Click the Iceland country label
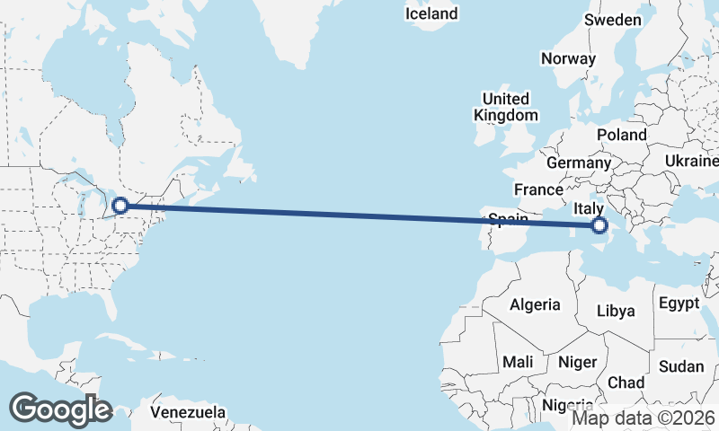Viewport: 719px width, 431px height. point(431,13)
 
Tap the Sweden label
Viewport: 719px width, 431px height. point(613,20)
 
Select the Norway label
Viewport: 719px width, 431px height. point(568,58)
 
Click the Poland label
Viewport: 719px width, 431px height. point(621,135)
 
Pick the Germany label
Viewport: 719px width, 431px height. point(578,163)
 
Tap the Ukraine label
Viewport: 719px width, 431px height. point(692,161)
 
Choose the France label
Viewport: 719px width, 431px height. point(538,189)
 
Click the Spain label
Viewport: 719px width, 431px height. point(507,218)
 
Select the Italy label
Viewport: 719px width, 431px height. point(588,208)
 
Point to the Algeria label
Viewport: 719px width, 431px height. point(535,304)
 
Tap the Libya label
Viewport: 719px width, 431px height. point(617,311)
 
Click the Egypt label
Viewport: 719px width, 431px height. point(679,303)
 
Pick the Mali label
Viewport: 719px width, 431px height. point(518,361)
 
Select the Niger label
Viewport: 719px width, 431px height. point(577,362)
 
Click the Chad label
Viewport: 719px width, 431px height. point(626,383)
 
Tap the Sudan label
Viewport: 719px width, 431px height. point(681,366)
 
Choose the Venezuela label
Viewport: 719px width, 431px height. point(188,413)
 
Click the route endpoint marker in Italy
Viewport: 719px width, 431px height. point(599,226)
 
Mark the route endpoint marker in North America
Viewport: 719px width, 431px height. point(120,206)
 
